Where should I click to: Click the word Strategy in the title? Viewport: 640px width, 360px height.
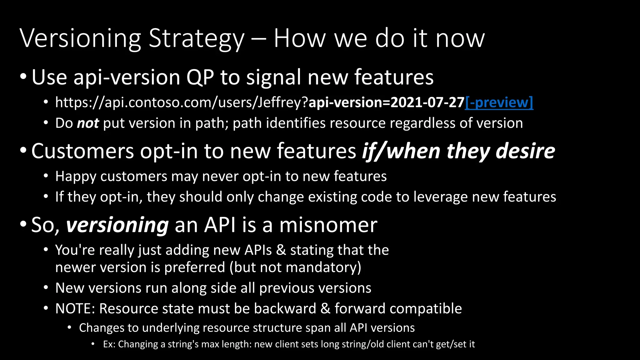[x=196, y=39]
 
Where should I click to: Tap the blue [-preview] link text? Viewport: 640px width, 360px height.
[x=499, y=102]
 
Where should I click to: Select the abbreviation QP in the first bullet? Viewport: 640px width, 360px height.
[x=200, y=77]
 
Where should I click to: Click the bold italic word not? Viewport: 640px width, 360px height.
[x=88, y=123]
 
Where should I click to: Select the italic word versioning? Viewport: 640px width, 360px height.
[x=117, y=225]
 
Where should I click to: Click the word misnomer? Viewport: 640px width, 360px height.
[x=328, y=225]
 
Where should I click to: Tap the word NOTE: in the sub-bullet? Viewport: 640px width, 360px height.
[x=75, y=309]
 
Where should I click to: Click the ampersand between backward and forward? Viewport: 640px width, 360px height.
[x=325, y=309]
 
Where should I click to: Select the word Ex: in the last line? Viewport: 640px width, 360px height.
[x=109, y=344]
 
